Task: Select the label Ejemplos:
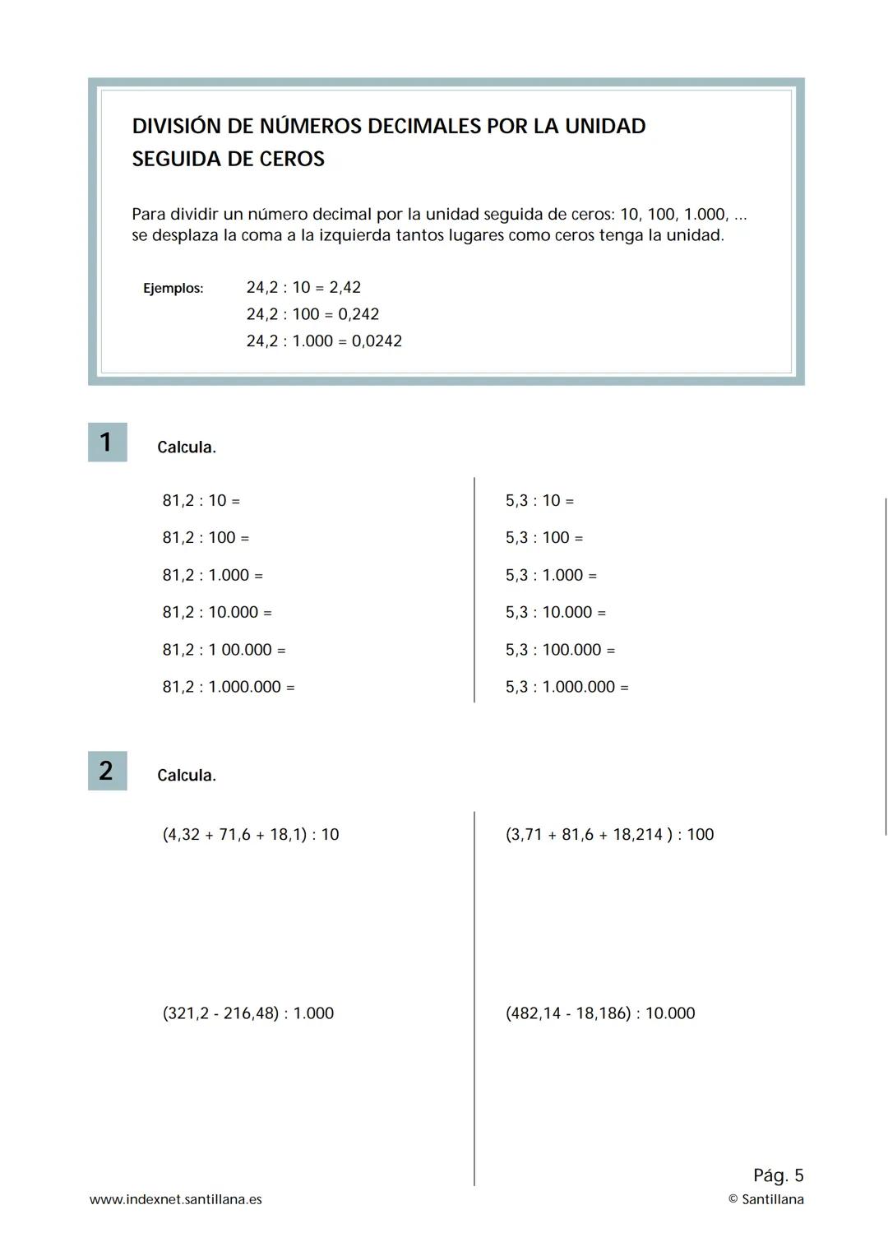pyautogui.click(x=173, y=288)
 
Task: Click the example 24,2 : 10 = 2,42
pyautogui.click(x=303, y=287)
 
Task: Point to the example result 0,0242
pyautogui.click(x=377, y=341)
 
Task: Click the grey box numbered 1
pyautogui.click(x=107, y=442)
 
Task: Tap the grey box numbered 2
pyautogui.click(x=107, y=771)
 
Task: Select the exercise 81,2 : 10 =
pyautogui.click(x=201, y=500)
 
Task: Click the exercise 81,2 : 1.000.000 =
pyautogui.click(x=228, y=687)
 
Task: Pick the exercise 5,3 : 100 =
pyautogui.click(x=543, y=537)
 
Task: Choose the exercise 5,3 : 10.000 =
pyautogui.click(x=555, y=612)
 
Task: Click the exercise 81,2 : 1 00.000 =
pyautogui.click(x=224, y=650)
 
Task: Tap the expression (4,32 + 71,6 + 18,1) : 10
pyautogui.click(x=251, y=834)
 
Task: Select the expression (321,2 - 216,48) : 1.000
pyautogui.click(x=247, y=1013)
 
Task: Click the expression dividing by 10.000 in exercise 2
pyautogui.click(x=600, y=1013)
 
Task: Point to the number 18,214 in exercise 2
pyautogui.click(x=637, y=834)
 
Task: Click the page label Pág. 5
pyautogui.click(x=778, y=1175)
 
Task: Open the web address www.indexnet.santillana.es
pyautogui.click(x=175, y=1199)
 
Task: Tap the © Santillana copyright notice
pyautogui.click(x=765, y=1199)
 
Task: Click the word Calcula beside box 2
pyautogui.click(x=186, y=776)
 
